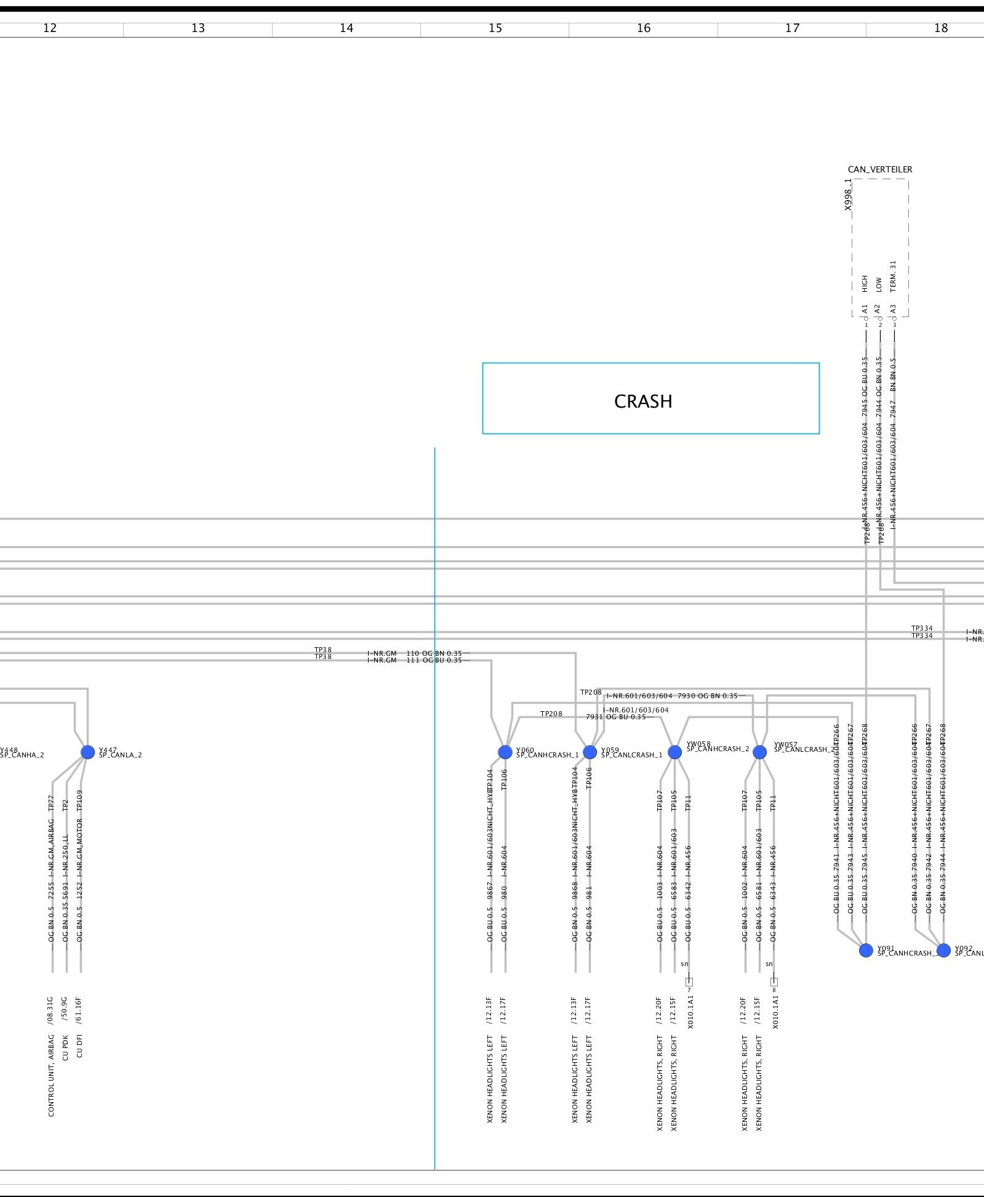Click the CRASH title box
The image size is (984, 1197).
tap(650, 398)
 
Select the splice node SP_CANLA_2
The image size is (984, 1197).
tap(88, 752)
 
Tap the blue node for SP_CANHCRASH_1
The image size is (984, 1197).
tap(505, 752)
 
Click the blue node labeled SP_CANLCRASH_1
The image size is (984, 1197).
tap(590, 752)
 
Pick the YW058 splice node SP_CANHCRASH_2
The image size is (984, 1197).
tap(674, 752)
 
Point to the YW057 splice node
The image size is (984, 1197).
tap(760, 752)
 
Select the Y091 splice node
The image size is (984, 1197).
tap(866, 950)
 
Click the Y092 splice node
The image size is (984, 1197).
tap(943, 950)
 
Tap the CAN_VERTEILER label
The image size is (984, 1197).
tap(880, 169)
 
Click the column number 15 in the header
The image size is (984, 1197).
tap(495, 28)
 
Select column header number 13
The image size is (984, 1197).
tap(198, 28)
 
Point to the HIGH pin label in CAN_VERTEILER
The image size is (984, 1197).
tap(865, 283)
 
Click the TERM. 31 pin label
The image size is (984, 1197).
tap(894, 276)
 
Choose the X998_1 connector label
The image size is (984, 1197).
tap(849, 195)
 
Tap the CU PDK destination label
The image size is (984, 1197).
tap(65, 1047)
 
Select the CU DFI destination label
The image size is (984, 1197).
tap(79, 1046)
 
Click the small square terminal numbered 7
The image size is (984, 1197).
tap(689, 981)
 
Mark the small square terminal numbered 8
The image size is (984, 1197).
tap(774, 981)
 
